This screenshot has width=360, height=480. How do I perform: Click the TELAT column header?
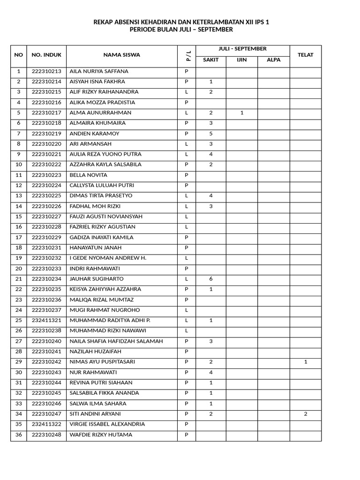click(305, 55)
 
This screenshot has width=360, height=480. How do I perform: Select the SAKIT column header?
click(210, 60)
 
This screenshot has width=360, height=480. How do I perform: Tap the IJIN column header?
click(241, 60)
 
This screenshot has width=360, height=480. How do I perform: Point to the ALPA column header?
click(273, 60)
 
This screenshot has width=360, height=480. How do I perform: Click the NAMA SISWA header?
click(121, 55)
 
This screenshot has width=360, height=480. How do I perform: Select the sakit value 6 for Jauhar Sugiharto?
click(211, 279)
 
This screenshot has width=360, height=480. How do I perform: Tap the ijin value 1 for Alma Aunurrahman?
click(241, 113)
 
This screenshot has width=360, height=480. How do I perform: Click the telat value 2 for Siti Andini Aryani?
click(306, 414)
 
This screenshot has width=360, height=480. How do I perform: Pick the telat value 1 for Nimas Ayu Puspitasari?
click(306, 362)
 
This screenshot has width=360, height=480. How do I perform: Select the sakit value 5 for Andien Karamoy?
click(211, 134)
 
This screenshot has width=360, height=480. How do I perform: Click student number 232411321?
click(46, 320)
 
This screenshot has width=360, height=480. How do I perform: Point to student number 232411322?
click(46, 424)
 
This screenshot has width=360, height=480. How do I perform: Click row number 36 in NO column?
click(19, 435)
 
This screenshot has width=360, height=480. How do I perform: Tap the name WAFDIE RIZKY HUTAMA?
click(101, 435)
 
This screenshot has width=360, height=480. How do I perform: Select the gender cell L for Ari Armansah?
click(187, 144)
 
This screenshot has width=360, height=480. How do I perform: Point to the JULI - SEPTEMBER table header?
click(242, 49)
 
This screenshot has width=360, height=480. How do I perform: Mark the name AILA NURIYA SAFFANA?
click(98, 72)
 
